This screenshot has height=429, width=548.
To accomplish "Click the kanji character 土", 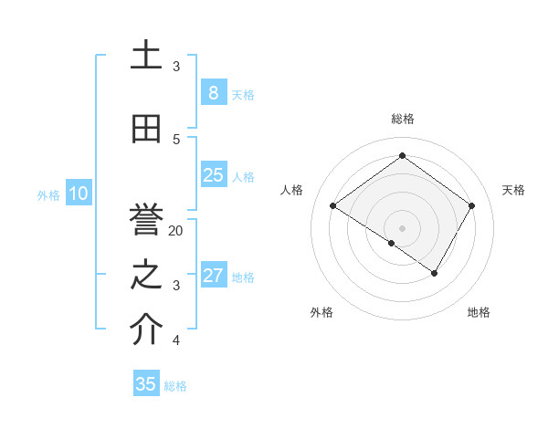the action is pos(146,56).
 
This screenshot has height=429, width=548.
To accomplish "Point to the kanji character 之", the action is pos(146,275).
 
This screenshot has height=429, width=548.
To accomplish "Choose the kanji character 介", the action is pos(146,330).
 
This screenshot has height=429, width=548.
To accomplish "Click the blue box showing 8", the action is pos(213,93).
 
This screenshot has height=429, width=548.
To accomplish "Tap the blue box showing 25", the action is pos(213,175).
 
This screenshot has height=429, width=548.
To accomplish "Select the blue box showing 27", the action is pos(213,276).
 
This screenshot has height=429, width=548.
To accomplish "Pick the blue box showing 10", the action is pos(78,194).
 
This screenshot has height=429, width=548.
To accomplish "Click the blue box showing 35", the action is pos(146,384).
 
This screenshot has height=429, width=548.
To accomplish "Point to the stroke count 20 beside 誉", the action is pos(176,231).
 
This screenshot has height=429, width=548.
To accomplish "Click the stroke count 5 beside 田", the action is pos(176,140).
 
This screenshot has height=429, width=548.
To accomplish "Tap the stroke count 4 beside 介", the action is pos(176,340).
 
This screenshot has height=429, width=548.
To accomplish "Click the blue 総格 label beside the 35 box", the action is pos(175,385).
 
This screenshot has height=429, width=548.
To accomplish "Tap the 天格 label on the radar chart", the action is pos(513,190).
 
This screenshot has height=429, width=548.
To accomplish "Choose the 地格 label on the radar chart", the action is pos(479,312).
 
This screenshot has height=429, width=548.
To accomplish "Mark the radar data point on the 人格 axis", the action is pos(333,206).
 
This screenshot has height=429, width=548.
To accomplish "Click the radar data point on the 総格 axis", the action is pos(402,156).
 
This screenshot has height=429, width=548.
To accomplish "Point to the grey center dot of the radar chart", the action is pos(402,227).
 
